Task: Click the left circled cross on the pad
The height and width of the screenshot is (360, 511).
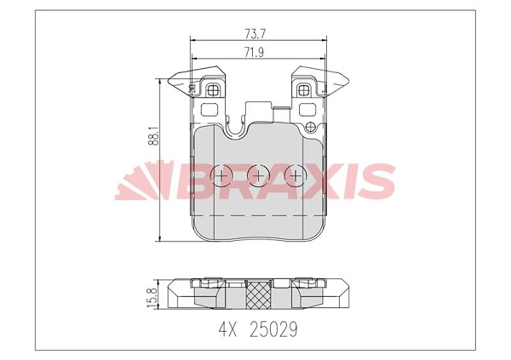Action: [221, 175]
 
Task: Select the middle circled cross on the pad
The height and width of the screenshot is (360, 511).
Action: [258, 175]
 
